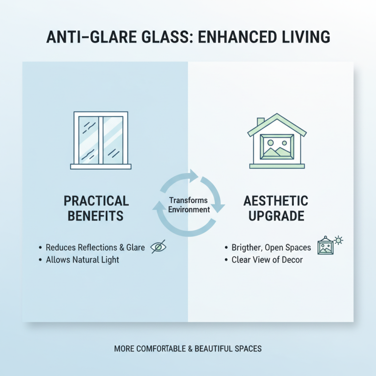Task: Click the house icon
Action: [x=277, y=141]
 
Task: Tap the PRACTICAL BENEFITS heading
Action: [x=96, y=209]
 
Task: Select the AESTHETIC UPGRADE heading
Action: [x=276, y=209]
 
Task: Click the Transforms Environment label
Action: [x=188, y=205]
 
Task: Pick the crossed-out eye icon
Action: [x=158, y=247]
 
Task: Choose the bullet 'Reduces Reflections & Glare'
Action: [x=95, y=247]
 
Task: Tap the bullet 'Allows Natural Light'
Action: [x=82, y=259]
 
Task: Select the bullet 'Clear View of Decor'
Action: [x=267, y=259]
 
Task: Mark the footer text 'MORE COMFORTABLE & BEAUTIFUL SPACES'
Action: [x=188, y=349]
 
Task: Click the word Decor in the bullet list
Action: [x=292, y=259]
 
